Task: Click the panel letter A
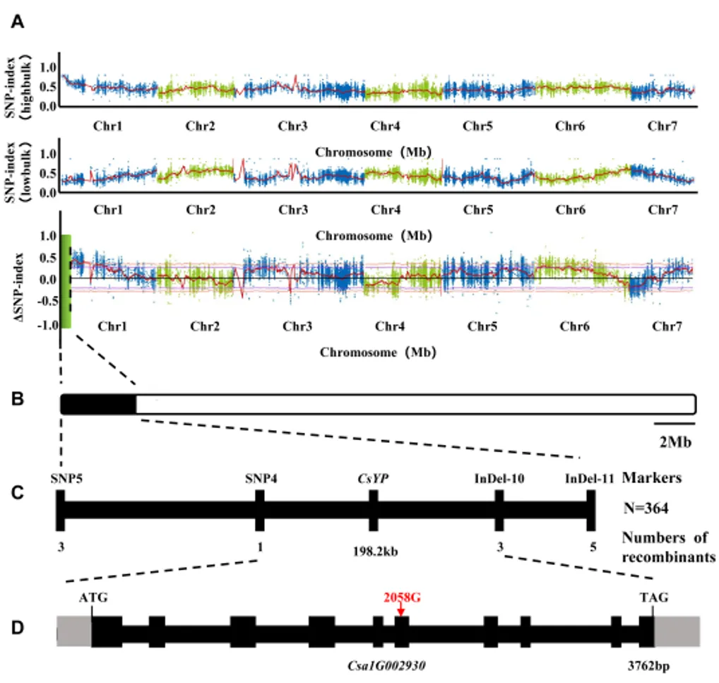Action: [x=18, y=23]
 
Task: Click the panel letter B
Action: [x=18, y=400]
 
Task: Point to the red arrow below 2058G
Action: [x=400, y=610]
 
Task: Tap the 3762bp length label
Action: [x=648, y=665]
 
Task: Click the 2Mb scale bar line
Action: [x=675, y=424]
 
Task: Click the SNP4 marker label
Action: [x=261, y=478]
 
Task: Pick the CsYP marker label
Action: [x=374, y=478]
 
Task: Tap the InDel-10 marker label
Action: [x=499, y=478]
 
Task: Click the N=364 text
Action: [x=646, y=507]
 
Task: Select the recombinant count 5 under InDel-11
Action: [x=592, y=545]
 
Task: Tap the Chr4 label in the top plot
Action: [x=386, y=127]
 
